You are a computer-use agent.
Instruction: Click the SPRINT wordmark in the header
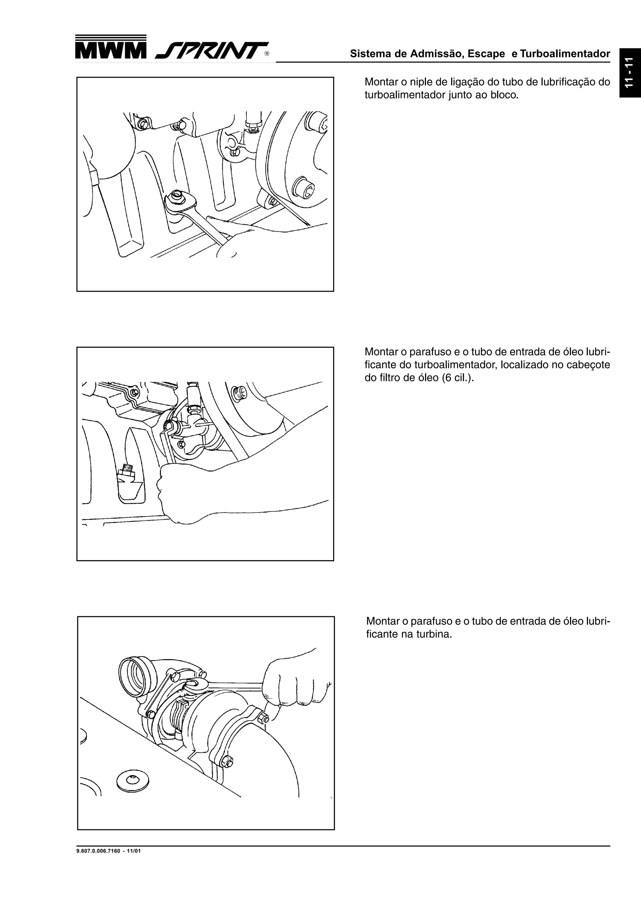point(211,51)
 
